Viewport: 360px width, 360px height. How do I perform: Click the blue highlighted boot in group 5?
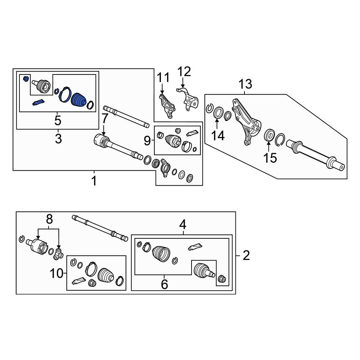79,100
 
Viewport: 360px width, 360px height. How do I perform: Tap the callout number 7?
104,119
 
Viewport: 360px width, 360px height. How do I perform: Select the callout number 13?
245,84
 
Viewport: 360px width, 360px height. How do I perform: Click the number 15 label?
270,158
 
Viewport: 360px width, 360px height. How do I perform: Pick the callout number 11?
163,77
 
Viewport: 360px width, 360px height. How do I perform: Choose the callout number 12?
184,72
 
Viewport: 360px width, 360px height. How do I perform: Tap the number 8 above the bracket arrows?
49,219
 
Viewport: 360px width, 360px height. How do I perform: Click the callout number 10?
56,274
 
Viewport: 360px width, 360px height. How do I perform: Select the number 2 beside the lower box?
246,255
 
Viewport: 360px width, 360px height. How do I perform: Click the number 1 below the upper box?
94,181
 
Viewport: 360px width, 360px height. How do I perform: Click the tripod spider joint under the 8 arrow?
58,254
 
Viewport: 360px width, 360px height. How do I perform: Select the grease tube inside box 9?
192,133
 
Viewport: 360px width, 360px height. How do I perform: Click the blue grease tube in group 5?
39,102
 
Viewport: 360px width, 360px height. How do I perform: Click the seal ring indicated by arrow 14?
219,112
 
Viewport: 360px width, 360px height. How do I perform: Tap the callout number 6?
165,284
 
